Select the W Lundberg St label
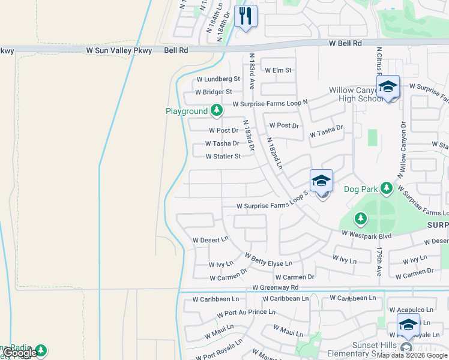coord(218,79)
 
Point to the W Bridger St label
coord(214,92)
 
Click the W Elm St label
coord(278,70)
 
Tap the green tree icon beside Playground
coord(217,110)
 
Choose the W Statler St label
coord(223,157)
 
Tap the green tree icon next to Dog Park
coord(387,189)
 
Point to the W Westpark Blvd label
coord(366,236)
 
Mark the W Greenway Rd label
coord(276,288)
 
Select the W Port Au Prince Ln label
coord(246,313)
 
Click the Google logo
coord(20,353)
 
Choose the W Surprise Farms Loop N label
coord(270,103)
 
